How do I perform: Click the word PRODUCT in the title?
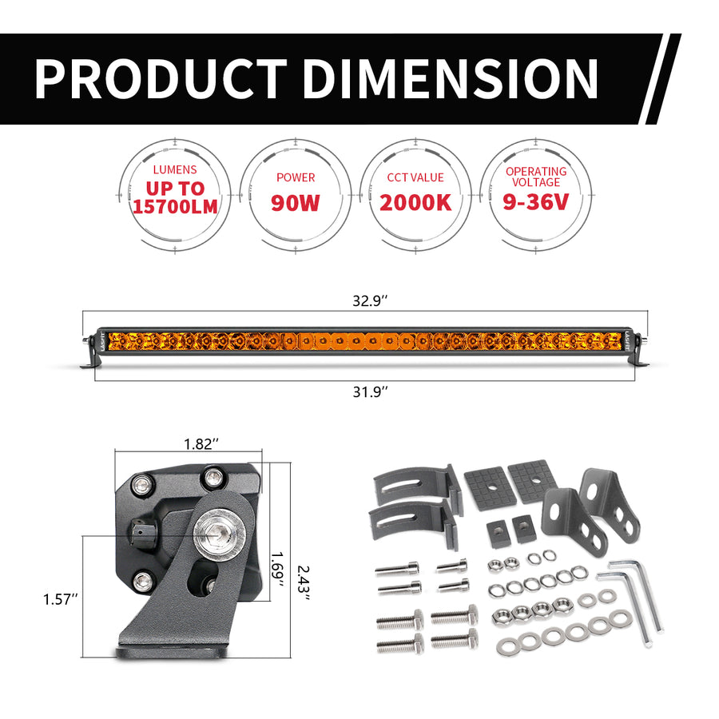click(160, 79)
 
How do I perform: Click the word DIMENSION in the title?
click(451, 79)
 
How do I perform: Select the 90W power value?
click(295, 202)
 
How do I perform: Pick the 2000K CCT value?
click(415, 202)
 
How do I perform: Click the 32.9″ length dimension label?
click(371, 301)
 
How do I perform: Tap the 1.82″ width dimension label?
click(200, 445)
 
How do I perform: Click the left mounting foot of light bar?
click(89, 363)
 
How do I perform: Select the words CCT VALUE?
click(415, 177)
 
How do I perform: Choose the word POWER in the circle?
click(295, 177)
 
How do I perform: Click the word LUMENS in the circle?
click(175, 170)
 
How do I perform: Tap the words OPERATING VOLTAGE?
click(535, 177)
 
